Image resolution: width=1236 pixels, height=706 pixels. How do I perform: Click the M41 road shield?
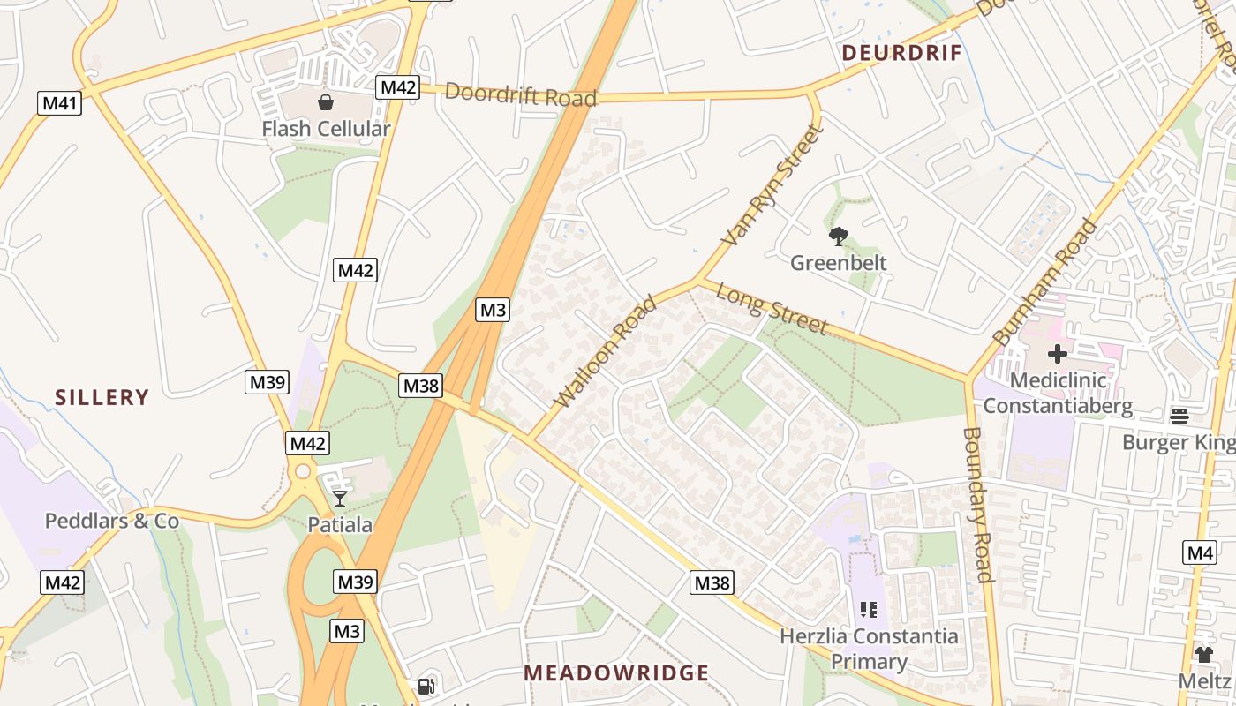coord(60,103)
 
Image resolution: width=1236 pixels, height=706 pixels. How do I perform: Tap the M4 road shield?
coord(1200,553)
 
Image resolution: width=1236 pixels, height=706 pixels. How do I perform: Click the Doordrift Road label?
coord(520,94)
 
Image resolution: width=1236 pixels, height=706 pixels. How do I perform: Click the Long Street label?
coord(772,308)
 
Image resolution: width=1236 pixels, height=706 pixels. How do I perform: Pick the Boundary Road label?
coord(978,505)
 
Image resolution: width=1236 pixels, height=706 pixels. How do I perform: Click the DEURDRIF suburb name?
coord(901,53)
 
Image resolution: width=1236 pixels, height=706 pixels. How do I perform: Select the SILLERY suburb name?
coord(102,397)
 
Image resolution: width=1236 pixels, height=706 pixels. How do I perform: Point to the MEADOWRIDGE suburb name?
coord(616,673)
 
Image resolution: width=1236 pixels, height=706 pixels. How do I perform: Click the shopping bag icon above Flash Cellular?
coord(326,103)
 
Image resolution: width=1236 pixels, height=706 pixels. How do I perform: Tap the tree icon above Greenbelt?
coord(838,236)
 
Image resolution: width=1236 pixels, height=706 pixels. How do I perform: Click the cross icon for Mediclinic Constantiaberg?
coord(1057,355)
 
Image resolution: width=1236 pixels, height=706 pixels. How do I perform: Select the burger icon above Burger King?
coord(1179,416)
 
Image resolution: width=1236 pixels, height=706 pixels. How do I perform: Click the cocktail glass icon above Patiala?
coord(340,499)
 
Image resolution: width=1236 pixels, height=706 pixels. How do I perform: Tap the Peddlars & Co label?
coord(112,521)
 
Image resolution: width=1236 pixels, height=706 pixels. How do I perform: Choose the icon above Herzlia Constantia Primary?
coord(868,610)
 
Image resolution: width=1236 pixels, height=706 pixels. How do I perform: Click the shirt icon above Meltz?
coord(1204,654)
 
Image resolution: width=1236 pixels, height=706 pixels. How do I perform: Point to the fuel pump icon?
coord(426,687)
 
